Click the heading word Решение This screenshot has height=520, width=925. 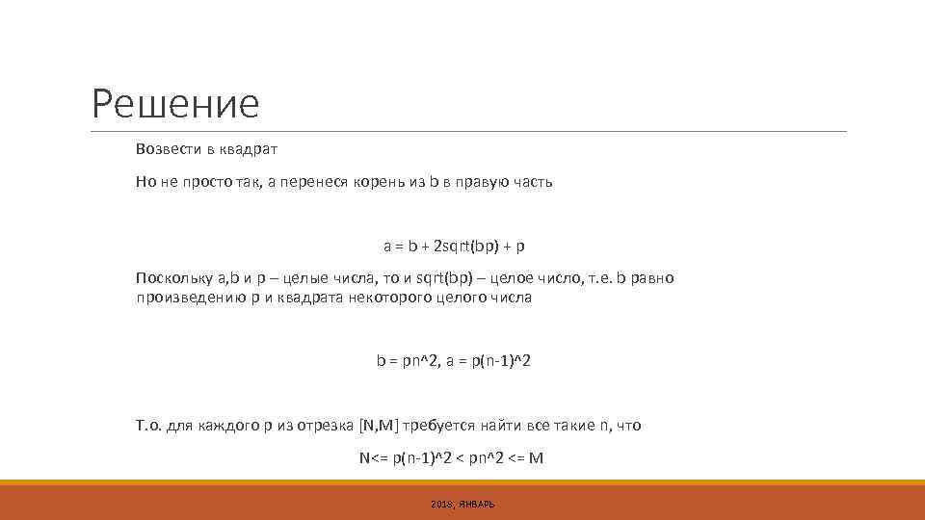(x=175, y=103)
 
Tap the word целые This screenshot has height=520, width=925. (x=309, y=278)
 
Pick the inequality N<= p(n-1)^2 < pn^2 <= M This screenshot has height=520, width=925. (x=451, y=458)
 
